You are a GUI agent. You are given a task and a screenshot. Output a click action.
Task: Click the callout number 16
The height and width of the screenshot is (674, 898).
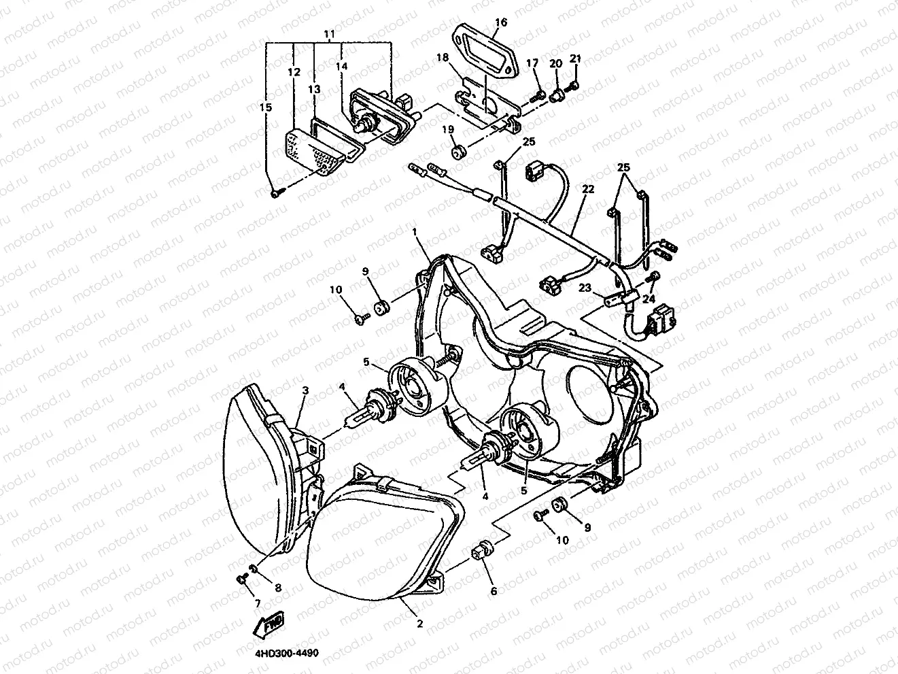(500, 22)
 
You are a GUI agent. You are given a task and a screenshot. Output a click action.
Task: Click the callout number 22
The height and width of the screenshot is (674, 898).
(587, 189)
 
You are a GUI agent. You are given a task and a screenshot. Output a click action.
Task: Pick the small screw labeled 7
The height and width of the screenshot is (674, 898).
(241, 579)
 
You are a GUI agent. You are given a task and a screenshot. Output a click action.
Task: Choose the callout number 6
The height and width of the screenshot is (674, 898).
(494, 591)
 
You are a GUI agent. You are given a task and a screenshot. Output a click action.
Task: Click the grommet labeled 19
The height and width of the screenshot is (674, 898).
(457, 150)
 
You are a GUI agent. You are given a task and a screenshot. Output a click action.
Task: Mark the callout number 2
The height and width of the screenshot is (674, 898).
(419, 624)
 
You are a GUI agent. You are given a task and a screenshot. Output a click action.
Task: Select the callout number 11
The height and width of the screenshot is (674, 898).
(329, 33)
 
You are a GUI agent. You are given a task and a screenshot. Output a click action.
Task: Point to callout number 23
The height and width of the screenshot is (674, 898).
(585, 288)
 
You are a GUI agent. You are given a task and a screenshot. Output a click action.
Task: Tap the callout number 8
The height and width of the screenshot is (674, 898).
(277, 587)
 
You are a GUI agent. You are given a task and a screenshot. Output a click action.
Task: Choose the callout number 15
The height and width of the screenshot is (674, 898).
(265, 107)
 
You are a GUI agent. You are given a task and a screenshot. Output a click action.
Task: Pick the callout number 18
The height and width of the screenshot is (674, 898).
(443, 58)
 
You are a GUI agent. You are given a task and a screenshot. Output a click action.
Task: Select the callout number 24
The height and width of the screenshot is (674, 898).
(649, 297)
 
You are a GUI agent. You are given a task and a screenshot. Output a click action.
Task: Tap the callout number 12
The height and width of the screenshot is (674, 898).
(294, 71)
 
